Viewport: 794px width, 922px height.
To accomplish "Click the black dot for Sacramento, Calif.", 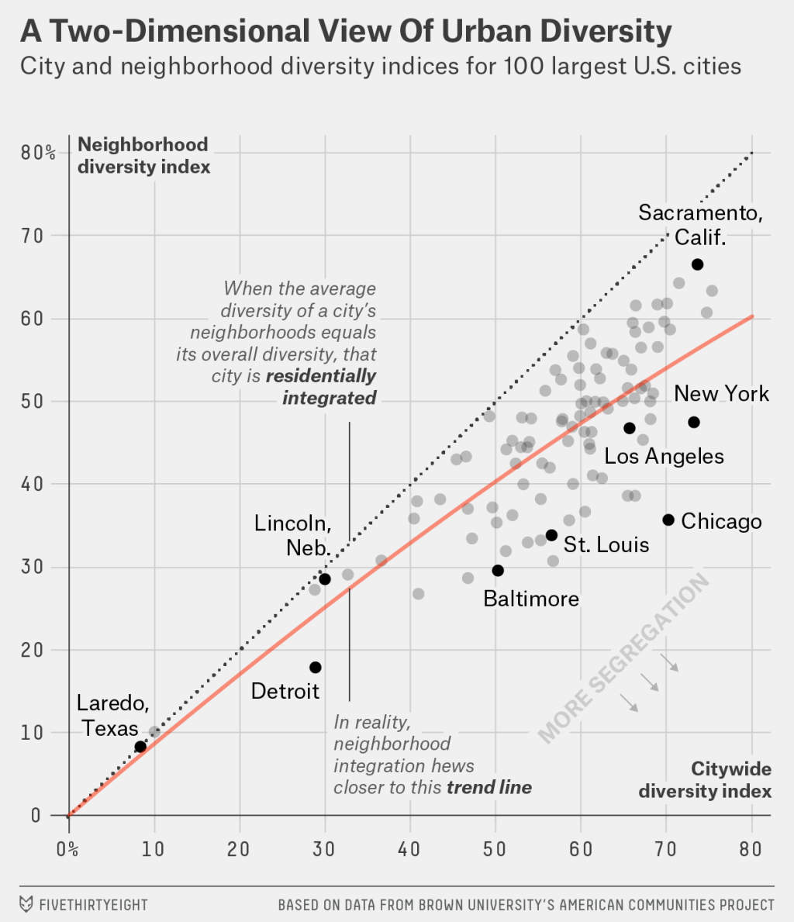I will click(697, 264).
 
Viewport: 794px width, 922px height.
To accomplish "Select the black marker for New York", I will click(694, 422).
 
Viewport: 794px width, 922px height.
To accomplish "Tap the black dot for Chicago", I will click(668, 520).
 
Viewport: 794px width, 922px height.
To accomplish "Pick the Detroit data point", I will click(316, 668).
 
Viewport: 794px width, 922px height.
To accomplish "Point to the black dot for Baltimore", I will click(498, 571).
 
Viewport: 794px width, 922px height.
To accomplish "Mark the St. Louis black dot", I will click(551, 535).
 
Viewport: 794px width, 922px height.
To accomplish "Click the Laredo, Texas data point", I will click(140, 747).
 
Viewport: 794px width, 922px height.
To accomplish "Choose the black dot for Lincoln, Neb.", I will click(325, 579).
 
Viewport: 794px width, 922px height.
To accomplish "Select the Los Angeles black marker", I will click(630, 428).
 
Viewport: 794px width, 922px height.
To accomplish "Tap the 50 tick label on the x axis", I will click(495, 848).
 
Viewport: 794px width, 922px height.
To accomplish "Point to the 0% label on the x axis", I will click(67, 848).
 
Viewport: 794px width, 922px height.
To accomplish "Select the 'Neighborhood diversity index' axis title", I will click(143, 155).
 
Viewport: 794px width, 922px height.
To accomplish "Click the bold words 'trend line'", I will click(489, 788).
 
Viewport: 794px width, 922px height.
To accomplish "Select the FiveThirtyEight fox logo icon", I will click(26, 904).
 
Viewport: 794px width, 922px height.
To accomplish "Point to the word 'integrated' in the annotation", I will click(329, 399).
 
